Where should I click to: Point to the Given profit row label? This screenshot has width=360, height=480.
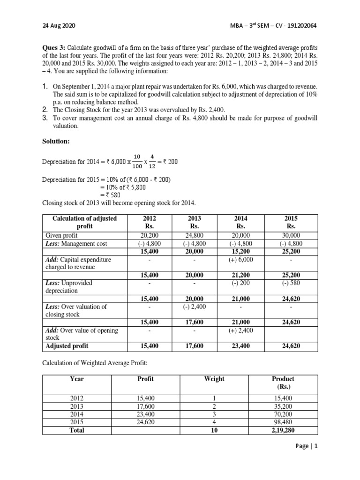60,235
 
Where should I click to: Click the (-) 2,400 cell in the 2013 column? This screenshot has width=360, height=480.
194,307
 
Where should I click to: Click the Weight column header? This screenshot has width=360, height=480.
215,379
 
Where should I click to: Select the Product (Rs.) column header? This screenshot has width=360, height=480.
283,382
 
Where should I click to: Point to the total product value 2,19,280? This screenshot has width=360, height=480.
283,429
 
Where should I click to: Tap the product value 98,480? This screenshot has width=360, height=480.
283,422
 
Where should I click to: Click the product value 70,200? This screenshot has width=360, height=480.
283,414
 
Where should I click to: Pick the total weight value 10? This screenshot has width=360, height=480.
215,429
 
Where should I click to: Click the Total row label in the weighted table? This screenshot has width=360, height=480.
76,429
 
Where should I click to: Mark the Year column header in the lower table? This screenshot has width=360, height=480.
76,379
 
